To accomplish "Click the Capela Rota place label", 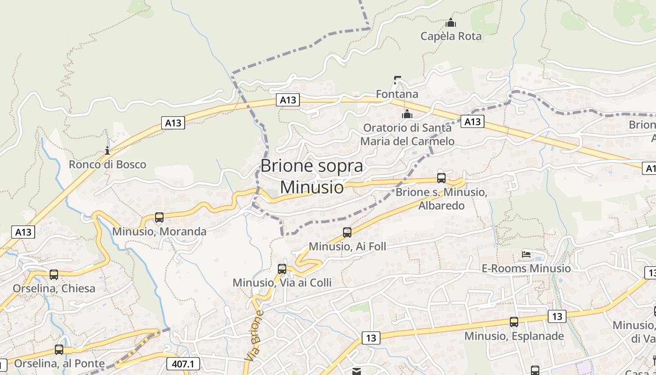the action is pyautogui.click(x=451, y=36).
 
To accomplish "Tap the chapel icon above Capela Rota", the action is pyautogui.click(x=451, y=22).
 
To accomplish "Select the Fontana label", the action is pyautogui.click(x=397, y=94).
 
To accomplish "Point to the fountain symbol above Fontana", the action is pyautogui.click(x=397, y=80).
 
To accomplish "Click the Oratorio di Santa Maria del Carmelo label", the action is pyautogui.click(x=407, y=134).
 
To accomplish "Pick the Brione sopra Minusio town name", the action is pyautogui.click(x=312, y=176).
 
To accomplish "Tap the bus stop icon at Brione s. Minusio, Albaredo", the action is pyautogui.click(x=441, y=178).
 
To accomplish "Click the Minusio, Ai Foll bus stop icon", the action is pyautogui.click(x=347, y=232).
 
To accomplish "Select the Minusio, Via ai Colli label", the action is pyautogui.click(x=282, y=283).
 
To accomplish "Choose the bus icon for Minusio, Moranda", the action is pyautogui.click(x=159, y=217).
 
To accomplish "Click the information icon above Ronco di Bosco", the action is pyautogui.click(x=107, y=150).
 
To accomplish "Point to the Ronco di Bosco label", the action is pyautogui.click(x=107, y=165).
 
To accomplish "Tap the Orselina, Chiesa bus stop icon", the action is pyautogui.click(x=54, y=275).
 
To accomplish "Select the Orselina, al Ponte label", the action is pyautogui.click(x=59, y=363).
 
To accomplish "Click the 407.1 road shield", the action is pyautogui.click(x=183, y=364).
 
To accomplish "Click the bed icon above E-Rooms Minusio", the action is pyautogui.click(x=526, y=255).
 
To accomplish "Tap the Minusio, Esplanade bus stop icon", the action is pyautogui.click(x=514, y=322).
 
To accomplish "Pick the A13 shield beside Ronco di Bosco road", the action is pyautogui.click(x=173, y=123).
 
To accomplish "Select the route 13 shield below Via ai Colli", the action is pyautogui.click(x=371, y=337).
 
